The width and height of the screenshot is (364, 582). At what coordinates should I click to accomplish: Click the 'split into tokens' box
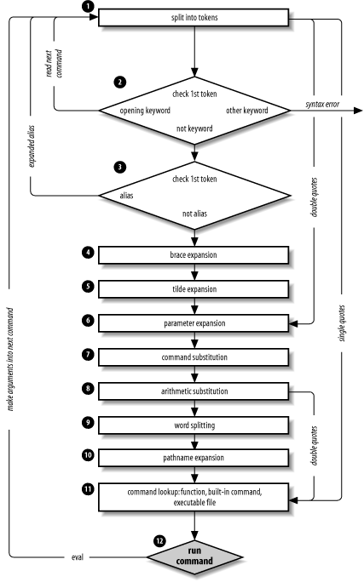coord(194,18)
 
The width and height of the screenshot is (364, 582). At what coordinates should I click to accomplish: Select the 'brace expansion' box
coord(194,255)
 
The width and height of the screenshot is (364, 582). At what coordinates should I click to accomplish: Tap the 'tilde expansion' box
coord(194,289)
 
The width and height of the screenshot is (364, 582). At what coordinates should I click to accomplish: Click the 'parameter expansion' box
coord(194,323)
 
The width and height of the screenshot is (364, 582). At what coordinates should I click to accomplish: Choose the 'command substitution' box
coord(194,357)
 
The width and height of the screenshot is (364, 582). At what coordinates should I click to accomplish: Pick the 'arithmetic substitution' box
coord(194,391)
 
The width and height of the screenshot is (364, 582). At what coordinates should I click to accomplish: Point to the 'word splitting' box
coord(194,425)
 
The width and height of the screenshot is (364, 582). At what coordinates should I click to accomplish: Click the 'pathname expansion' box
coord(194,458)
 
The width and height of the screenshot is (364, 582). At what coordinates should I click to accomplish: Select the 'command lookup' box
coord(194,497)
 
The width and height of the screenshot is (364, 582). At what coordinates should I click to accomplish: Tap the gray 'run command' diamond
coord(194,556)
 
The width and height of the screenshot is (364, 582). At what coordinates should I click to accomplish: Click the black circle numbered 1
coord(88,6)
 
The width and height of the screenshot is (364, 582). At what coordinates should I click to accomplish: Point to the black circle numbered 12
coord(159,541)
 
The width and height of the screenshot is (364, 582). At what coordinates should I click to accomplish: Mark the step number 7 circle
coord(88,355)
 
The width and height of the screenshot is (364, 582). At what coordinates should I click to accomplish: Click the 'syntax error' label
coord(322,105)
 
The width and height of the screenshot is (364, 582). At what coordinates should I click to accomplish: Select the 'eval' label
coord(78,557)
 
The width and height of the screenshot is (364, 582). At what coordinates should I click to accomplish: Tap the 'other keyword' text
coord(247,111)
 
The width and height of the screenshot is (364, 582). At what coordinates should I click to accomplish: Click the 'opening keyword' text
coord(145,111)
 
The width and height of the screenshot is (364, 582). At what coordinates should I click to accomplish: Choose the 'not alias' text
coord(194,214)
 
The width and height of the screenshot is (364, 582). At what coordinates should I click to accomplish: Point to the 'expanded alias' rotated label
coord(32,145)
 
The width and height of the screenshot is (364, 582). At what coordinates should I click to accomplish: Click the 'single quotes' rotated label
coord(342,323)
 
